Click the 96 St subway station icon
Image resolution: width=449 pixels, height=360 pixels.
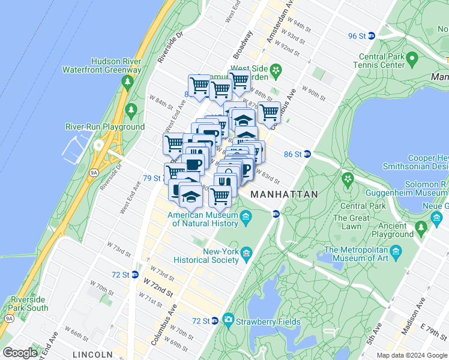click(371, 36)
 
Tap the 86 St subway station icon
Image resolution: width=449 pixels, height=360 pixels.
click(307, 154)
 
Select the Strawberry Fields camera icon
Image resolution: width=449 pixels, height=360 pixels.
click(228, 319)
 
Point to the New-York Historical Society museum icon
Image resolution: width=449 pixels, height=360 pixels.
click(247, 257)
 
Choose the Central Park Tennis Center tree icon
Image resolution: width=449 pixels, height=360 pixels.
click(412, 58)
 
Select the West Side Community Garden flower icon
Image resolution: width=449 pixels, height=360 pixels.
click(276, 71)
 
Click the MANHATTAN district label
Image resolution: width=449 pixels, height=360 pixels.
click(283, 195)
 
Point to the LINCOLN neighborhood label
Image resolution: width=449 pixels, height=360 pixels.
click(92, 355)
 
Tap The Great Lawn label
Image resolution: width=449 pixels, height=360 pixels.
click(352, 222)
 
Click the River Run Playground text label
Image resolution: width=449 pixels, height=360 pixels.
click(105, 127)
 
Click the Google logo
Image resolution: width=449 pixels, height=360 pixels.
click(20, 353)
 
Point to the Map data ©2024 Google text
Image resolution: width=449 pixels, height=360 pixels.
click(411, 355)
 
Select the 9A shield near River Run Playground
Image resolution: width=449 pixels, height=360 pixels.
click(94, 172)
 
